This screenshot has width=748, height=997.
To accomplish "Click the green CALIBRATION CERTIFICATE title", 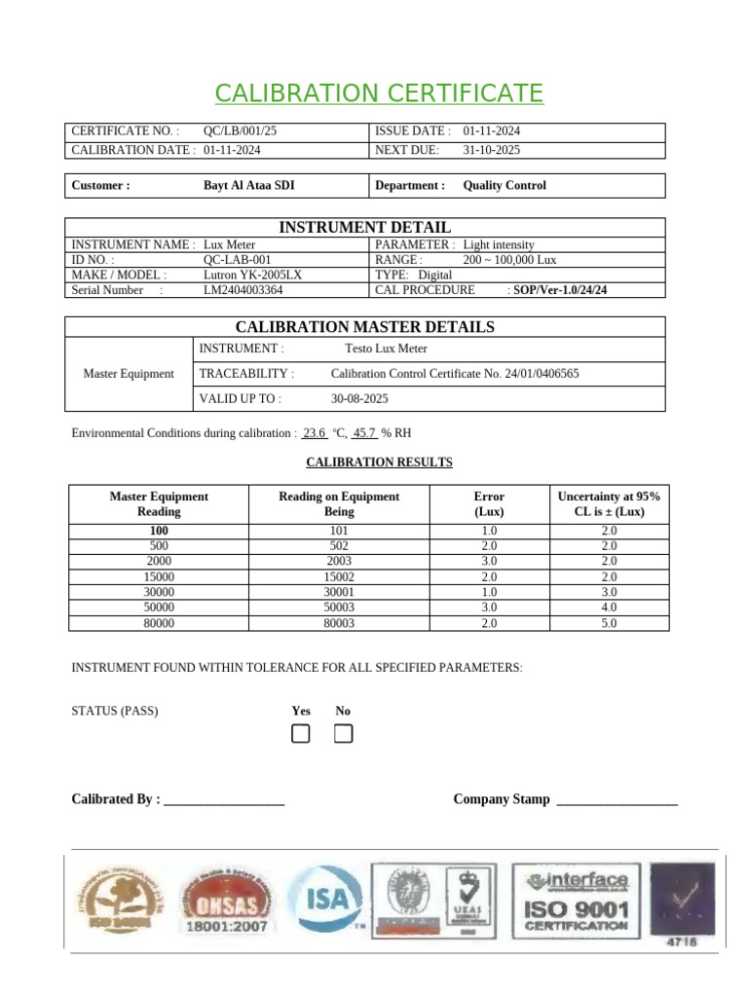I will click(x=379, y=93).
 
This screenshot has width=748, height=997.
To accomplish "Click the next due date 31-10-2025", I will click(x=491, y=150).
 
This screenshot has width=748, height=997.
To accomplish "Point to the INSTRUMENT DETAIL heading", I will click(x=364, y=227).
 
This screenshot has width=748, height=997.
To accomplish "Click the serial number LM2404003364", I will click(x=243, y=290).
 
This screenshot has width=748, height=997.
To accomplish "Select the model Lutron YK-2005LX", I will click(x=252, y=275).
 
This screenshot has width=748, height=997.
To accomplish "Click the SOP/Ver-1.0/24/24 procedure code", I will click(x=559, y=290).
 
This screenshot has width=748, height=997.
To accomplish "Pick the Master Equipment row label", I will click(x=129, y=374).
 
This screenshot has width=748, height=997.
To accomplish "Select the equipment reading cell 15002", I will click(x=339, y=577).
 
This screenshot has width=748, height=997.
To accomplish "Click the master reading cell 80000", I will click(x=159, y=623).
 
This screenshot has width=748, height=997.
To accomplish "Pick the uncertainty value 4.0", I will click(x=609, y=608).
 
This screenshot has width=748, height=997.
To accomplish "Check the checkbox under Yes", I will click(x=301, y=734).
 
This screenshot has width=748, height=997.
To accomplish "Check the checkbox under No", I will click(x=343, y=734).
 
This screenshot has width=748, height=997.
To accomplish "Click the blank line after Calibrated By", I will click(x=224, y=800).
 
